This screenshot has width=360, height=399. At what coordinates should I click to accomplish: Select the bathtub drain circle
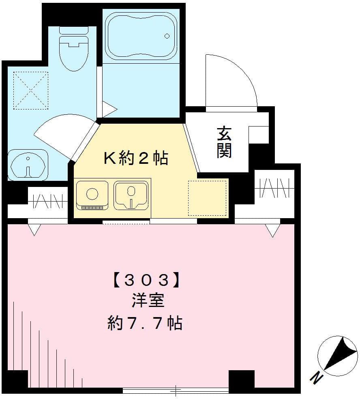tap(167, 36)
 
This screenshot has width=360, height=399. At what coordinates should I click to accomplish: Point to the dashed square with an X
tap(31, 90)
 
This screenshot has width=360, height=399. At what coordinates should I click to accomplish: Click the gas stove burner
tap(92, 193)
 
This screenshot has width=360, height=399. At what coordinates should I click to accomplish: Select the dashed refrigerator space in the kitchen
tap(207, 197)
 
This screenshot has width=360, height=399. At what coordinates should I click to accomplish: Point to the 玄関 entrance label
tap(224, 142)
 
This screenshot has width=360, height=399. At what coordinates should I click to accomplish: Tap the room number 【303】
tap(146, 280)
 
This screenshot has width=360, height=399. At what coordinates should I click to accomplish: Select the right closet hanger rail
tap(274, 188)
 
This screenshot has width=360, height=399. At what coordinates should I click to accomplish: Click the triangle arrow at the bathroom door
tap(108, 109)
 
